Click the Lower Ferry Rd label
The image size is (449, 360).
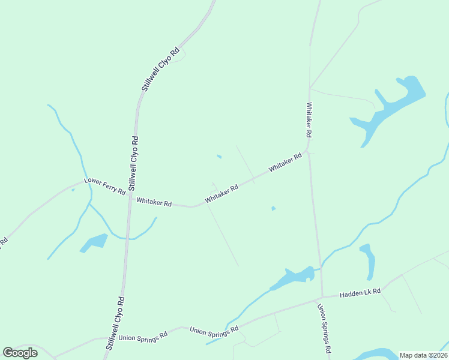(x=105, y=186)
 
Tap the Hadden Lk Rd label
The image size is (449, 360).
(x=360, y=293)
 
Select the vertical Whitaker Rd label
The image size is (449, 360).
(x=310, y=120)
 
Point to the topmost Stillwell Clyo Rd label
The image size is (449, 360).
(x=160, y=70)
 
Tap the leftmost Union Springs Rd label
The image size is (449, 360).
(x=142, y=338)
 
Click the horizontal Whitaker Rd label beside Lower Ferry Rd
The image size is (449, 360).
(x=154, y=202)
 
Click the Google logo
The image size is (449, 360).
(x=20, y=353)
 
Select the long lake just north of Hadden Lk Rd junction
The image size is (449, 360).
(x=293, y=277)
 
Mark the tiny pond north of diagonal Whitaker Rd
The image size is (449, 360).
(x=219, y=157)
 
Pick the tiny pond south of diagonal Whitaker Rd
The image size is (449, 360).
(x=273, y=209)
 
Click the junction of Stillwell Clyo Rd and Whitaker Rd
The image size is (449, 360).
(x=129, y=197)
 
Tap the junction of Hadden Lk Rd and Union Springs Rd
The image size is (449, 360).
(x=322, y=296)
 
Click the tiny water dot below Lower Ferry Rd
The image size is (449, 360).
(x=73, y=190)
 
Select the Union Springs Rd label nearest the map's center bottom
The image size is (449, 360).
(x=214, y=329)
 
